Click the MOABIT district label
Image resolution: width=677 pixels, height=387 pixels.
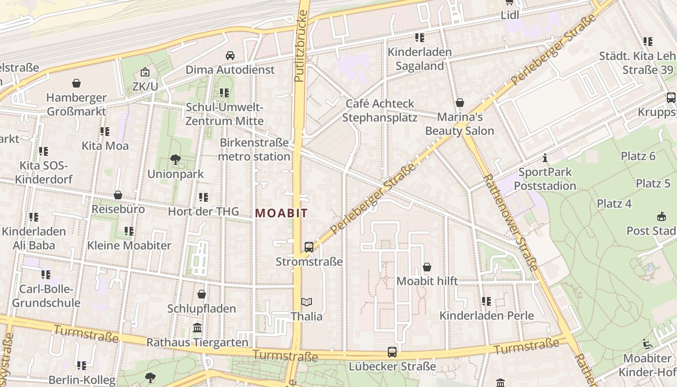[x=281, y=213]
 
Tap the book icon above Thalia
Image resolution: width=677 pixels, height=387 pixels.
[x=307, y=302]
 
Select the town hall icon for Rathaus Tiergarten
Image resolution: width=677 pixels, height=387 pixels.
[x=197, y=328]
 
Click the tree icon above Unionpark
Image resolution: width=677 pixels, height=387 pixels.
[x=176, y=159]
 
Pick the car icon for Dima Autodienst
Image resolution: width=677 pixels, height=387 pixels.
[x=230, y=55]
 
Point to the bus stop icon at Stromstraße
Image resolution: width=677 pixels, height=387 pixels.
[x=309, y=247]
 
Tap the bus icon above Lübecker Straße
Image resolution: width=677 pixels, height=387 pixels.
[x=392, y=352]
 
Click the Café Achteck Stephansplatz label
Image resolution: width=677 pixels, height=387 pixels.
[x=380, y=110]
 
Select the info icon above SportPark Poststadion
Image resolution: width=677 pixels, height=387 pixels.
[x=545, y=158]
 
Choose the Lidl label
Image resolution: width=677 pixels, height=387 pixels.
[x=510, y=15]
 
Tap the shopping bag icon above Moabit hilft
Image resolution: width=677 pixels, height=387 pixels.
[x=427, y=267]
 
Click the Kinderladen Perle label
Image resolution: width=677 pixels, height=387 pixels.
[x=486, y=315]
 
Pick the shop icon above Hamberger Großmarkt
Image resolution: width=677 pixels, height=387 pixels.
[x=76, y=83]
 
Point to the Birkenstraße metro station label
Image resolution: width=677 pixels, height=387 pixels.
[x=254, y=149]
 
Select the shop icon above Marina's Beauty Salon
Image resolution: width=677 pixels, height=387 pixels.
[x=459, y=103]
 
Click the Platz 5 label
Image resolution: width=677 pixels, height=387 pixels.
[x=653, y=183]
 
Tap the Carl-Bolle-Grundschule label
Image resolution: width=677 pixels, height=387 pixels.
[x=46, y=296]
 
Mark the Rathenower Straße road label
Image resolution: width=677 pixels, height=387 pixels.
[x=510, y=223]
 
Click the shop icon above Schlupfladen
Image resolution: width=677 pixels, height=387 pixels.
[x=202, y=294]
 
